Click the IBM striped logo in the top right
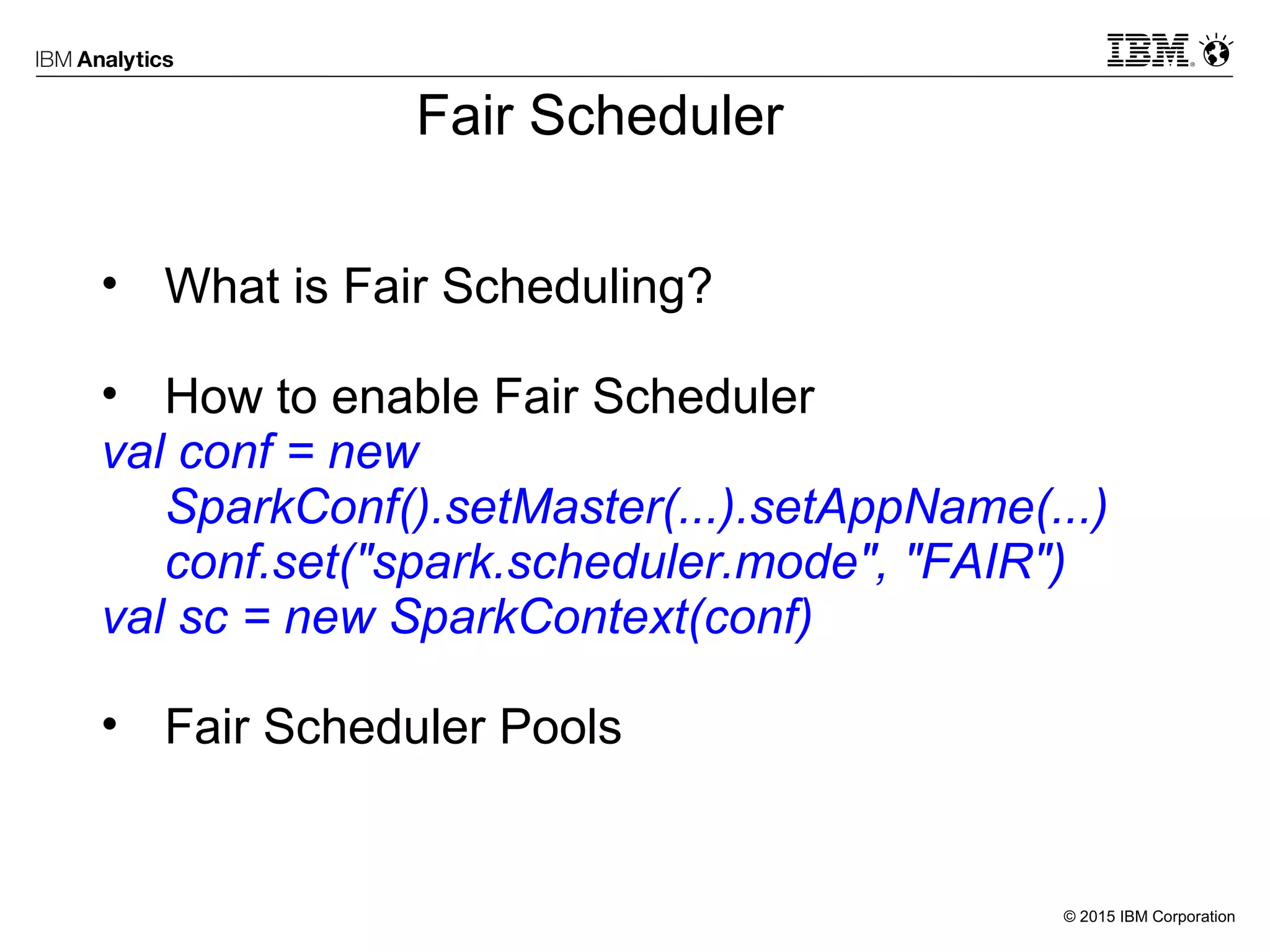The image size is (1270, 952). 1148,50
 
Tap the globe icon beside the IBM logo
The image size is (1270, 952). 1216,51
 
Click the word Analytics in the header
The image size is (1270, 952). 125,59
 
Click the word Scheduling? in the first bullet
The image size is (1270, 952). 577,286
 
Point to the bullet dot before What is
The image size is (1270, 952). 110,284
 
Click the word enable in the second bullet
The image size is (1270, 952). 405,397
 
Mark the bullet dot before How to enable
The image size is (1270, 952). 110,394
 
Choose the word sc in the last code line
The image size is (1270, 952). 204,617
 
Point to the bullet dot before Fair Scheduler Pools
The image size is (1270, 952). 110,723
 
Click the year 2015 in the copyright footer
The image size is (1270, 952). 1097,917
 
